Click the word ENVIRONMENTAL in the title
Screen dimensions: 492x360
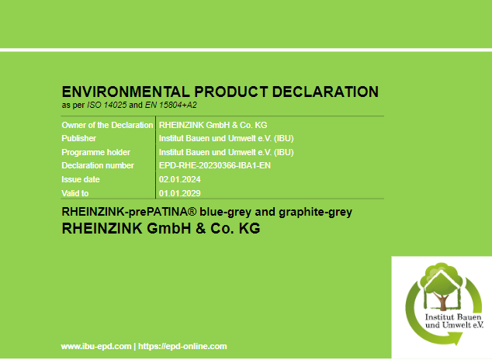(126, 92)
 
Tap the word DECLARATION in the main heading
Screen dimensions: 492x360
(325, 92)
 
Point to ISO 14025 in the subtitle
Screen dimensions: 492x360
(106, 105)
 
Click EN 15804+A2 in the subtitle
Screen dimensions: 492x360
(171, 105)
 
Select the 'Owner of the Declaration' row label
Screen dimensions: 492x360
(107, 125)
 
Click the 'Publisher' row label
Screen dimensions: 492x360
(78, 138)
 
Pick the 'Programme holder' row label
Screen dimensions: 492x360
(95, 152)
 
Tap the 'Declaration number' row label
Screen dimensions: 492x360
(98, 165)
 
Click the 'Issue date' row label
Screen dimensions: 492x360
(81, 179)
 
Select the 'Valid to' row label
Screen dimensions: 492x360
(75, 193)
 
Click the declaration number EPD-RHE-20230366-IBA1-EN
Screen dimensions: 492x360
(215, 165)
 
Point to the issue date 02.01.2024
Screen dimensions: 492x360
(180, 179)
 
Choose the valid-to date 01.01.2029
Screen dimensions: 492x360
(180, 193)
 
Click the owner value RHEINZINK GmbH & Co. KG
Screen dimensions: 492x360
(213, 125)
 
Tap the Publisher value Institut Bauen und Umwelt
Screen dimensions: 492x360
(227, 138)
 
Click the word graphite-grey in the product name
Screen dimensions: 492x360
(315, 213)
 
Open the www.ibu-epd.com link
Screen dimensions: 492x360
(96, 346)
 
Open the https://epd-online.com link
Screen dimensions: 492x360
(182, 346)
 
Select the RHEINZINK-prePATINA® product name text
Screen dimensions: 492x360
(130, 212)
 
